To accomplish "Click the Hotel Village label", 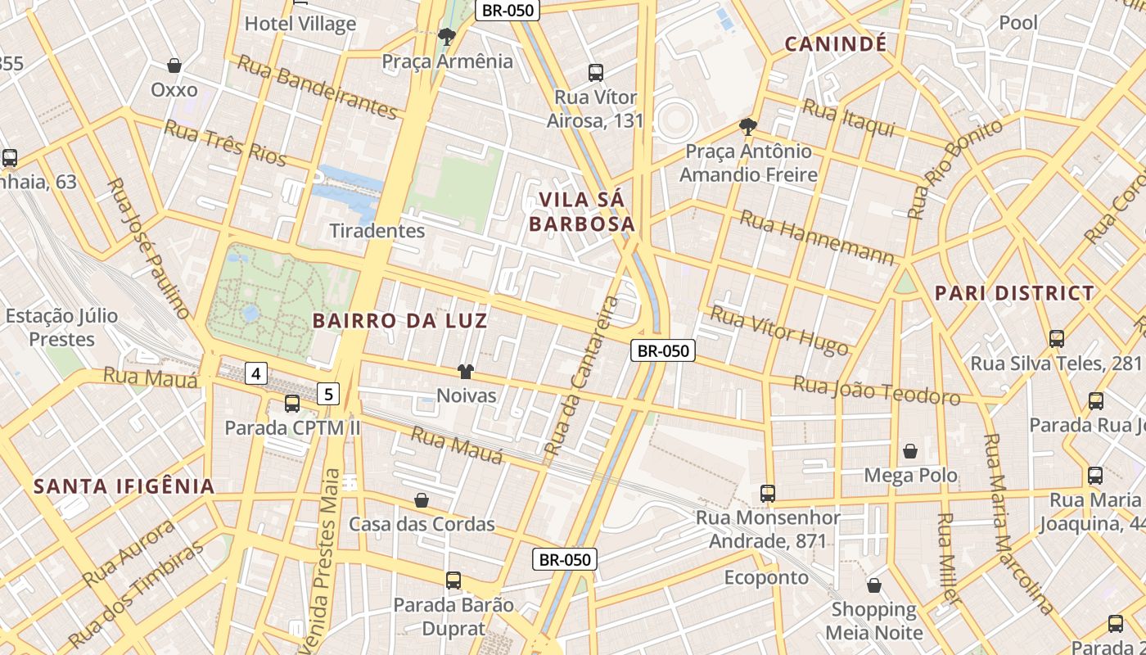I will click(300, 24).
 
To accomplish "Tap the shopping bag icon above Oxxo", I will click(174, 65).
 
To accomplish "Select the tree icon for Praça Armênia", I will click(447, 36).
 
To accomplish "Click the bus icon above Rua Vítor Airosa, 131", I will click(596, 73).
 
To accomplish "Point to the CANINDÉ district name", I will click(836, 44).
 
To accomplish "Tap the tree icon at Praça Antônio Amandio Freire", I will click(747, 126).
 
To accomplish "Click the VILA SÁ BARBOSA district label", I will click(582, 211).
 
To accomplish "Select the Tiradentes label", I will click(377, 231).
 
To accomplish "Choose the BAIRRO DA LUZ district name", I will click(400, 321).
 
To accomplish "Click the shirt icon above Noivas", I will click(466, 372).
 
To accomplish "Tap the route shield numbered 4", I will click(256, 374).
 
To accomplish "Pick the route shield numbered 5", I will click(328, 395).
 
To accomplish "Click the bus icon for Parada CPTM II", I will click(292, 404).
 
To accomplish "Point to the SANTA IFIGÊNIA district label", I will click(124, 486).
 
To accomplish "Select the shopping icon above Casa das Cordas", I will click(422, 499).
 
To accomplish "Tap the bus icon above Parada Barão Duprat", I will click(453, 580).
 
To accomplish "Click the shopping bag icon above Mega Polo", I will click(910, 451).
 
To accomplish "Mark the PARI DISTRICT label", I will click(1014, 293).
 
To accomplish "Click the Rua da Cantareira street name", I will click(582, 377).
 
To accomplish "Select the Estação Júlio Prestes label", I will click(61, 327).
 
